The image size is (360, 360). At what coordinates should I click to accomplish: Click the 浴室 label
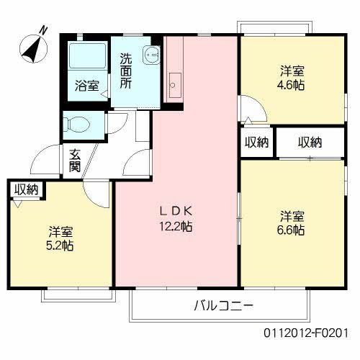pos(87,86)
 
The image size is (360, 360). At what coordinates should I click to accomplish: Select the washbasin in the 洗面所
pos(150,53)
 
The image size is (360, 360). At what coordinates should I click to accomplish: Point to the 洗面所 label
pos(126,71)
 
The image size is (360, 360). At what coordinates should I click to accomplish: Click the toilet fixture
pos(78,124)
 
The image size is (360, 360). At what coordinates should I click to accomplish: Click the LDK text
pos(176,211)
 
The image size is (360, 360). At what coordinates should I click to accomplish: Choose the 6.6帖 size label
pos(292,230)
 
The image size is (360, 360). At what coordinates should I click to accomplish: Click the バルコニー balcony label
pos(223,305)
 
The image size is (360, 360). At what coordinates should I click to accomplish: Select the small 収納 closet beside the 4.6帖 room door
pos(256,142)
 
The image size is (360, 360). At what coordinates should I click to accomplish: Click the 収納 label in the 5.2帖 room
pos(27,189)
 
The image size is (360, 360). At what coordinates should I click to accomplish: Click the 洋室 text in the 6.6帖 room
pos(292,216)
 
